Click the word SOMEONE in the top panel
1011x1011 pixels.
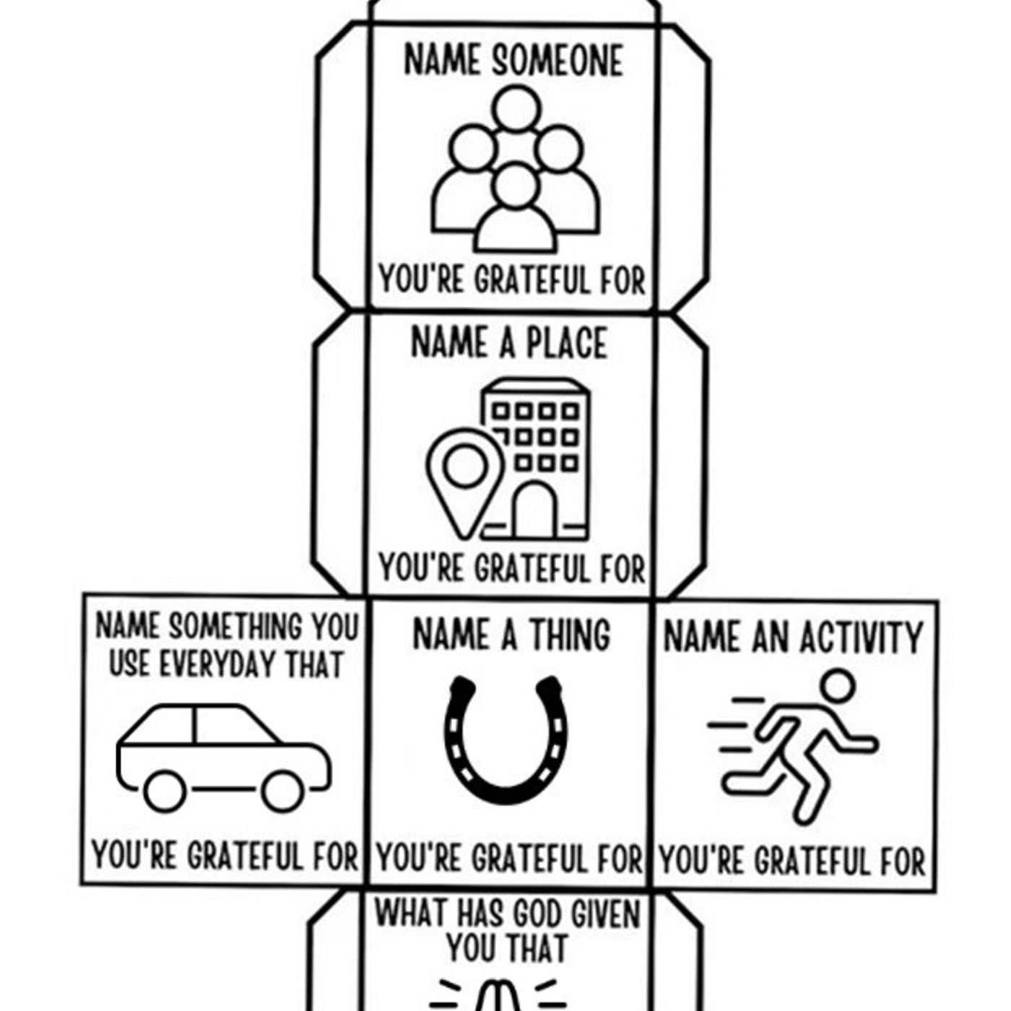557,61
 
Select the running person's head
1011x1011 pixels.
838,686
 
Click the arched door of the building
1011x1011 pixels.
534,510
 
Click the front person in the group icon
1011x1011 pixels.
515,208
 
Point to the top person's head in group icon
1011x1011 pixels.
516,108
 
